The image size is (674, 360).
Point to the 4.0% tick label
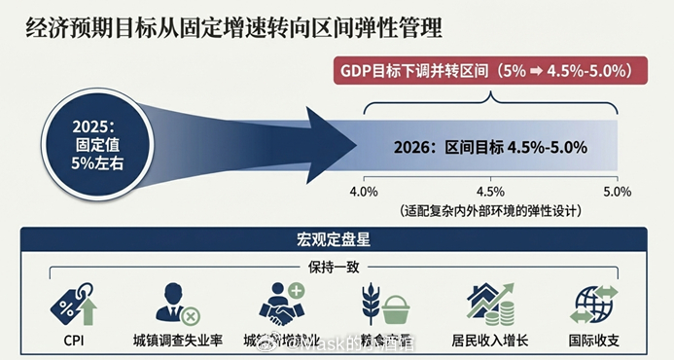coord(364,191)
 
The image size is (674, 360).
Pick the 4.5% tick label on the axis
coord(490,191)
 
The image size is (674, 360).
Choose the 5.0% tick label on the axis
coord(618,191)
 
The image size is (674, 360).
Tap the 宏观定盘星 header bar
coord(336,239)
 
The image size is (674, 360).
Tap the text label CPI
coord(73,342)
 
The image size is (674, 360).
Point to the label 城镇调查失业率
coord(178,342)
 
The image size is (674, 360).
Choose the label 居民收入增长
coord(490,342)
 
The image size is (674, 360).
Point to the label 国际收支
coord(594,342)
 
